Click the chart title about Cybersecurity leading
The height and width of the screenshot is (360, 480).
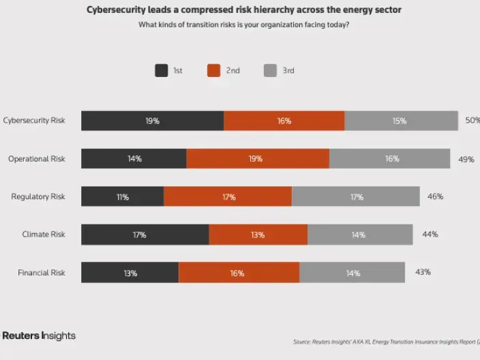click(244, 10)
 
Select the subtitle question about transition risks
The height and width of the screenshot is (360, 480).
click(244, 25)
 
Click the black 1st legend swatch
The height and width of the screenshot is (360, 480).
click(162, 70)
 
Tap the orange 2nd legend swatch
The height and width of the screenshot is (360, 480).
click(214, 70)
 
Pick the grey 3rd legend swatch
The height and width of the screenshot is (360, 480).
click(270, 70)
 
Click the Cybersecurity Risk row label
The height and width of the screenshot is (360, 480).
click(34, 121)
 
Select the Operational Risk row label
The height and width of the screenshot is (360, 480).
click(37, 159)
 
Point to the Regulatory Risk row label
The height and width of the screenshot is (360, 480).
click(38, 196)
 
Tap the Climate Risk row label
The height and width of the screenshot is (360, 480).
click(44, 235)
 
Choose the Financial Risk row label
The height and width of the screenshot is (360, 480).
click(42, 273)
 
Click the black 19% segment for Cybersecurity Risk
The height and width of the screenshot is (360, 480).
click(152, 121)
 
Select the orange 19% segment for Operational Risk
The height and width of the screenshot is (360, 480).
click(258, 159)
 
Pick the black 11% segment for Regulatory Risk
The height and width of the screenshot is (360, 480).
click(123, 197)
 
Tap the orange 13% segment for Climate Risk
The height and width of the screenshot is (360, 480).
click(258, 235)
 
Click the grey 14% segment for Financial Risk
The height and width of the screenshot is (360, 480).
click(352, 273)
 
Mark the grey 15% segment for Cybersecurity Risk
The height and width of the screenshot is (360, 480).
click(400, 121)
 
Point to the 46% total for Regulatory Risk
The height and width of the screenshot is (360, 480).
click(435, 196)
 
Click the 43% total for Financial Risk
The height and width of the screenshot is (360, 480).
click(423, 272)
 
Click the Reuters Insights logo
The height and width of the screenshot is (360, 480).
click(38, 336)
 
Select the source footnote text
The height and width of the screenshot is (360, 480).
click(386, 342)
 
